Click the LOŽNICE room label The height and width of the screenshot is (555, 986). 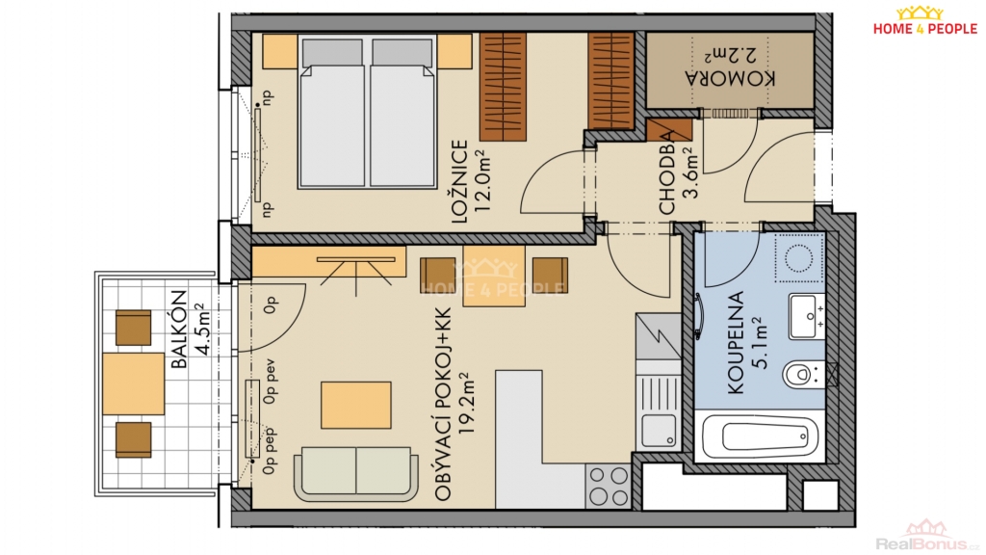pyautogui.click(x=459, y=182)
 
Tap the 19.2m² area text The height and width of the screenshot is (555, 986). pyautogui.click(x=465, y=404)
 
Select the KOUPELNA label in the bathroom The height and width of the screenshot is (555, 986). pyautogui.click(x=735, y=343)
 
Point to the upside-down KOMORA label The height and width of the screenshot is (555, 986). pyautogui.click(x=731, y=78)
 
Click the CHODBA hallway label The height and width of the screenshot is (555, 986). pyautogui.click(x=666, y=178)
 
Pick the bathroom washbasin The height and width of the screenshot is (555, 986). pyautogui.click(x=807, y=316)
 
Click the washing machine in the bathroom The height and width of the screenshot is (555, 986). pyautogui.click(x=799, y=258)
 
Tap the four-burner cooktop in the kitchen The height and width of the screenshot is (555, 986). pyautogui.click(x=608, y=487)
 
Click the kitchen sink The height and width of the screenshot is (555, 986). pyautogui.click(x=659, y=431)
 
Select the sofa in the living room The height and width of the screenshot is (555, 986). pyautogui.click(x=356, y=474)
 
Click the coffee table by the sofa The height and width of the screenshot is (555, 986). pyautogui.click(x=356, y=406)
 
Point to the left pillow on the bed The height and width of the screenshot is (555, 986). pyautogui.click(x=332, y=54)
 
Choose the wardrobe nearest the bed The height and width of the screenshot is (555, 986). pyautogui.click(x=503, y=87)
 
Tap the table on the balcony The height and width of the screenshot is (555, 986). pyautogui.click(x=133, y=383)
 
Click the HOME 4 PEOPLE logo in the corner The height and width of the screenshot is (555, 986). pyautogui.click(x=924, y=21)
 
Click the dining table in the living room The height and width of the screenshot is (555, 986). pyautogui.click(x=494, y=276)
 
